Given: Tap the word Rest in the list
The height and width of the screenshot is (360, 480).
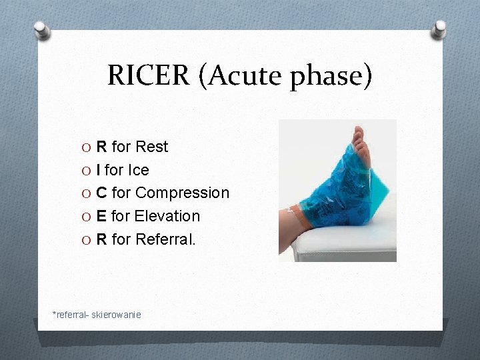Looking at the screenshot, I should (x=152, y=147).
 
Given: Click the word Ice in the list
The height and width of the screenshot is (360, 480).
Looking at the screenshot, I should (x=138, y=170).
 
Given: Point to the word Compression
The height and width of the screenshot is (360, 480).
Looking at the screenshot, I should (x=182, y=193).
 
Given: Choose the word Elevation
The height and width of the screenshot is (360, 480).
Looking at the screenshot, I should (x=167, y=216).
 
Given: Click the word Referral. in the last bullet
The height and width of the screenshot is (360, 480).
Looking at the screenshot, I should (x=165, y=239).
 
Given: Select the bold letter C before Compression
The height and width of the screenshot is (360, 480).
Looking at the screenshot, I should (x=102, y=193).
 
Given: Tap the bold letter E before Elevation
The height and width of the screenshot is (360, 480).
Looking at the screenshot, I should (x=101, y=216).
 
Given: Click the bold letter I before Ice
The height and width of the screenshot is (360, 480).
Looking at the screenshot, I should (x=99, y=170).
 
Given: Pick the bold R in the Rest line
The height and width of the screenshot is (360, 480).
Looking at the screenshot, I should (x=102, y=147).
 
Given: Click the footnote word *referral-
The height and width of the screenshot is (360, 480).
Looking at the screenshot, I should (x=71, y=314).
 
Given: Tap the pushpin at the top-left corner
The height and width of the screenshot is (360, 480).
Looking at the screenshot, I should (x=42, y=29).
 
